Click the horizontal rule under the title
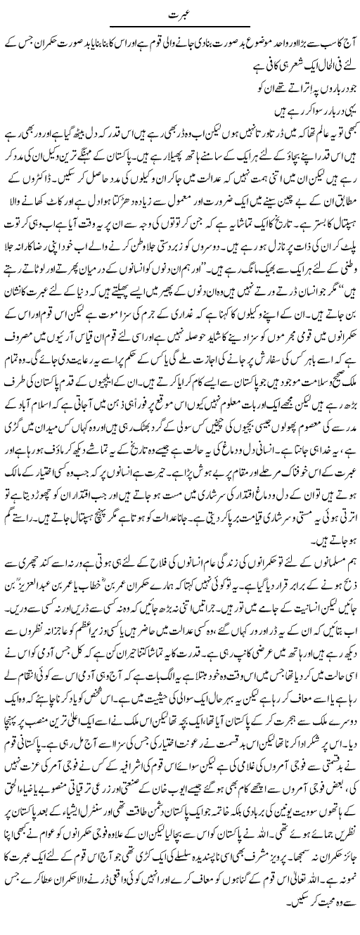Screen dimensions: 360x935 [180, 27]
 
